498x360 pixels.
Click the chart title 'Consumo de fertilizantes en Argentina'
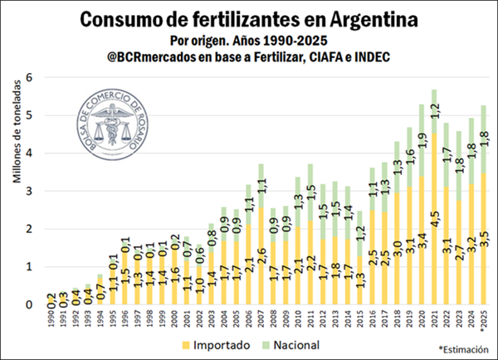coord(249,18)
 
